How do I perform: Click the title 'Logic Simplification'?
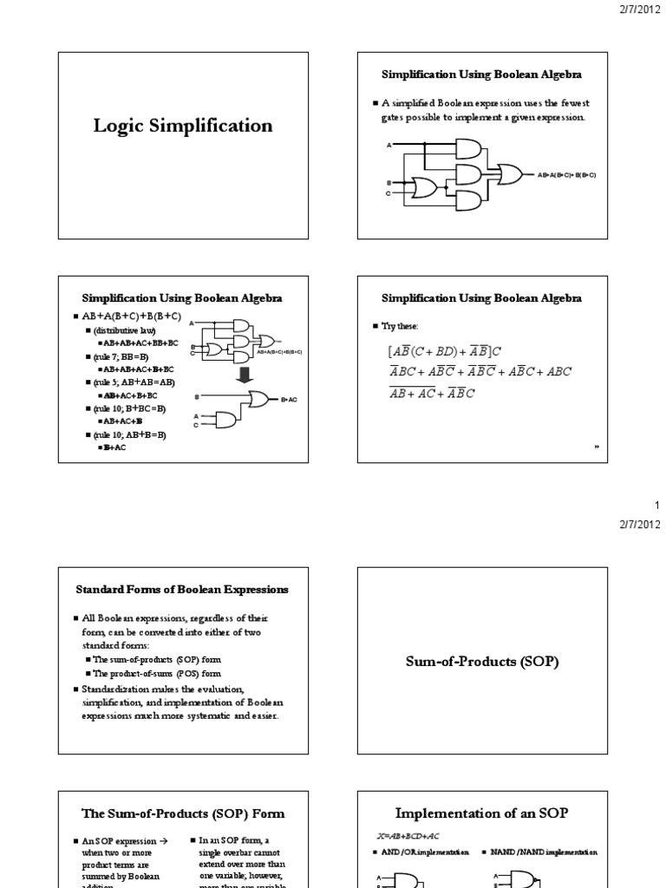click(x=183, y=127)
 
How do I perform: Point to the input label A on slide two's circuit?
click(x=388, y=144)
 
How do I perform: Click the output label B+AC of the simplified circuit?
click(x=290, y=399)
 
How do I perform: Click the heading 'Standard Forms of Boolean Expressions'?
click(x=182, y=590)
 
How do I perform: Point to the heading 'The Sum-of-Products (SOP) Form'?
click(x=183, y=813)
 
